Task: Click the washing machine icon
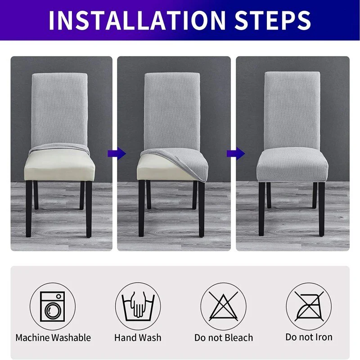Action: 52,306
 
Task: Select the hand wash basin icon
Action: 138,306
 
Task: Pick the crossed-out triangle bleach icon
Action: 223,306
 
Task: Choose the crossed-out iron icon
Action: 309,306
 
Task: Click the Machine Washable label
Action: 53,337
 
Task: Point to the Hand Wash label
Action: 138,337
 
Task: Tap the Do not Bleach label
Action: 224,337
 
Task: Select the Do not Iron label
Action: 309,337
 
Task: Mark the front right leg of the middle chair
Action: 201,211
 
